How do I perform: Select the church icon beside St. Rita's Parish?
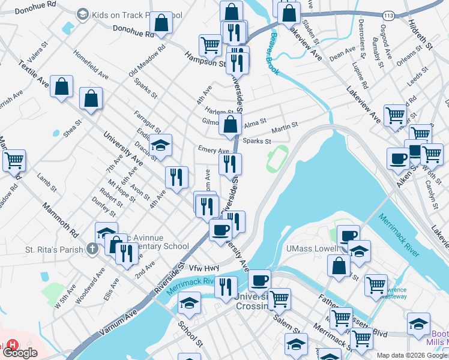click(x=92, y=248)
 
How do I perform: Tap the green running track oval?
click(x=277, y=157)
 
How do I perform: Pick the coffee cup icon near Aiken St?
click(x=397, y=160)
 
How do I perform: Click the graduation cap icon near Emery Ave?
click(x=160, y=145)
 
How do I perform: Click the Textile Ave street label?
click(x=35, y=73)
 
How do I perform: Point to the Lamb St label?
click(x=46, y=182)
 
